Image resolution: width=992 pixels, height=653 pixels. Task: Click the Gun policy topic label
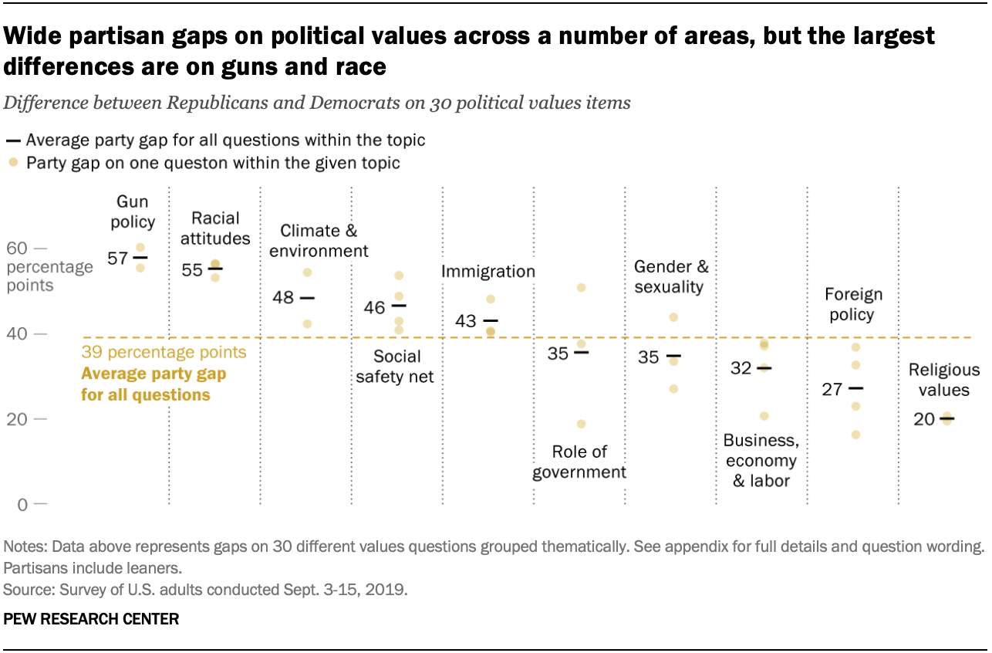(x=136, y=212)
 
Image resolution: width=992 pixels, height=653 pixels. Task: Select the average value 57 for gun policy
(x=118, y=258)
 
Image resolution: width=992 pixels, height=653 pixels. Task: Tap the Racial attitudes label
(x=215, y=228)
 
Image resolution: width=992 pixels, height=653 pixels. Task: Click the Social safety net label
(x=397, y=367)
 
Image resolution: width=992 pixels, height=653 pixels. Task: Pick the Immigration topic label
(x=488, y=272)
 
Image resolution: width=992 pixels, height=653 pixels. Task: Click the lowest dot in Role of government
(x=582, y=424)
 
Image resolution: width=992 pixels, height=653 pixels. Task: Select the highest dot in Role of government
(x=582, y=288)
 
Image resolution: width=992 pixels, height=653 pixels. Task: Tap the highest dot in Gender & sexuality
(x=673, y=317)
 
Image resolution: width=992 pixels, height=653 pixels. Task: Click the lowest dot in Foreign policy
(x=855, y=435)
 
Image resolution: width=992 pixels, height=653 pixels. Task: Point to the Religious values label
(x=938, y=380)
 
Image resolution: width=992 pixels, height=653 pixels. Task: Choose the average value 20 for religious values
(x=924, y=419)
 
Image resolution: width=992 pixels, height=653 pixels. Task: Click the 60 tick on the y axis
(x=17, y=249)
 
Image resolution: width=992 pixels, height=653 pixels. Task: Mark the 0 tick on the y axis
(x=22, y=505)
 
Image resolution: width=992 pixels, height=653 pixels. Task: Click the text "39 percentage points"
(x=164, y=353)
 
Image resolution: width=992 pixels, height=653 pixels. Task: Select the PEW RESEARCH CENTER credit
(x=91, y=618)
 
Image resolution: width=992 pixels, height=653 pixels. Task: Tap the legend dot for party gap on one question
(x=12, y=163)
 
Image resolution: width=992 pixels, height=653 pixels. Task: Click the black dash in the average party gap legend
(x=12, y=141)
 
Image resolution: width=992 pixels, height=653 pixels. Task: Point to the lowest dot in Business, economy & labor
(x=764, y=416)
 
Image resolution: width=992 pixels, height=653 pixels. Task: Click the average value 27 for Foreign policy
(x=832, y=389)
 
